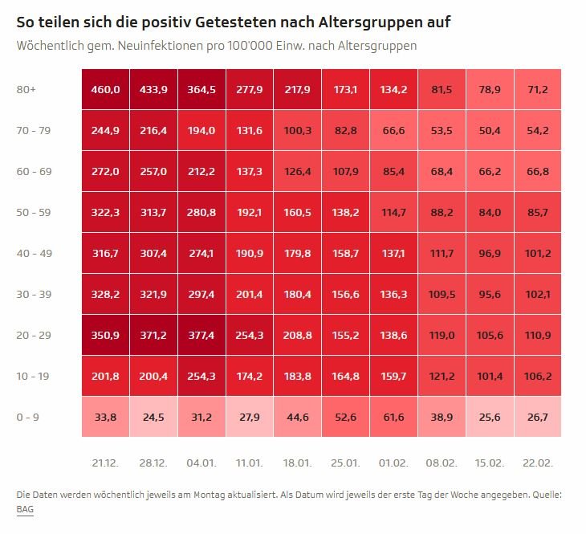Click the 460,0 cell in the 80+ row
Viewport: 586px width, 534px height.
click(105, 89)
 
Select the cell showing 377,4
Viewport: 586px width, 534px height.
click(201, 335)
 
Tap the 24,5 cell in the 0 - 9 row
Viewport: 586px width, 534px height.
click(153, 417)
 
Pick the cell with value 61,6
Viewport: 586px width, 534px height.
click(393, 417)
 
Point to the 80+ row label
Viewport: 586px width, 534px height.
click(26, 89)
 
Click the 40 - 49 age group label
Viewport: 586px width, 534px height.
click(33, 253)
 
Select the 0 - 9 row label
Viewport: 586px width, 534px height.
click(27, 417)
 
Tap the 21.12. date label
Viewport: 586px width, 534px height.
click(105, 463)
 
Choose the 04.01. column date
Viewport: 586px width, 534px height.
click(201, 463)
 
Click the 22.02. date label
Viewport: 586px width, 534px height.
click(537, 463)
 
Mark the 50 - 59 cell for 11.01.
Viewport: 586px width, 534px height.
click(249, 212)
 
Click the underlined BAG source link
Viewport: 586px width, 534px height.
click(25, 509)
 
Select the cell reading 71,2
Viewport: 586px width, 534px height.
click(537, 89)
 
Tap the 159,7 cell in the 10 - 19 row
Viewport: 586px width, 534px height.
click(393, 376)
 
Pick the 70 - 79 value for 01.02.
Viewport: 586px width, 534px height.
click(393, 130)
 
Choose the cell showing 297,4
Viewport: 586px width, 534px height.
click(201, 294)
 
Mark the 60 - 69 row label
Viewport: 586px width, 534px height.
click(33, 171)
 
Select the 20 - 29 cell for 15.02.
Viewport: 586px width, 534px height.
click(489, 335)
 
